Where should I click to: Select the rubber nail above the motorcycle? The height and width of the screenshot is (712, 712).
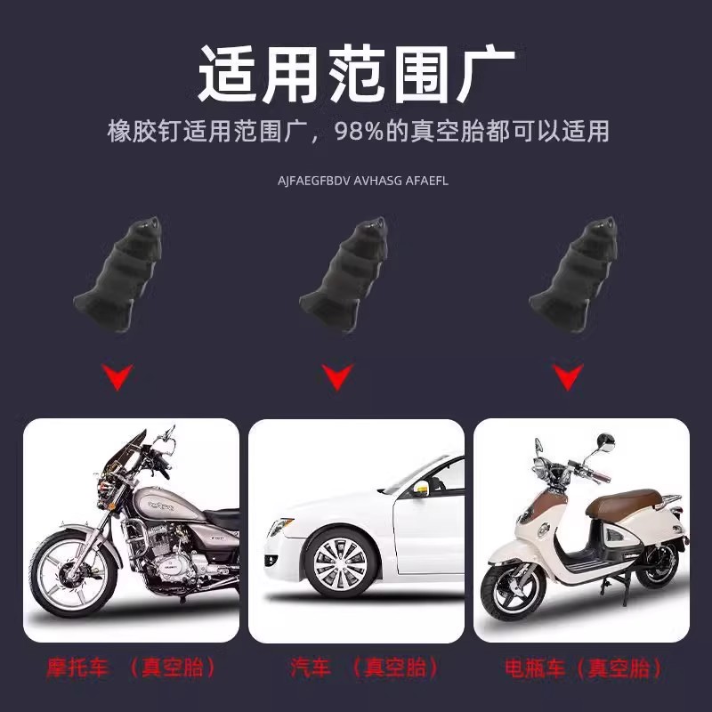click(x=119, y=271)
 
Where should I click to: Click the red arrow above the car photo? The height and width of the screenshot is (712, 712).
click(x=335, y=379)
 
